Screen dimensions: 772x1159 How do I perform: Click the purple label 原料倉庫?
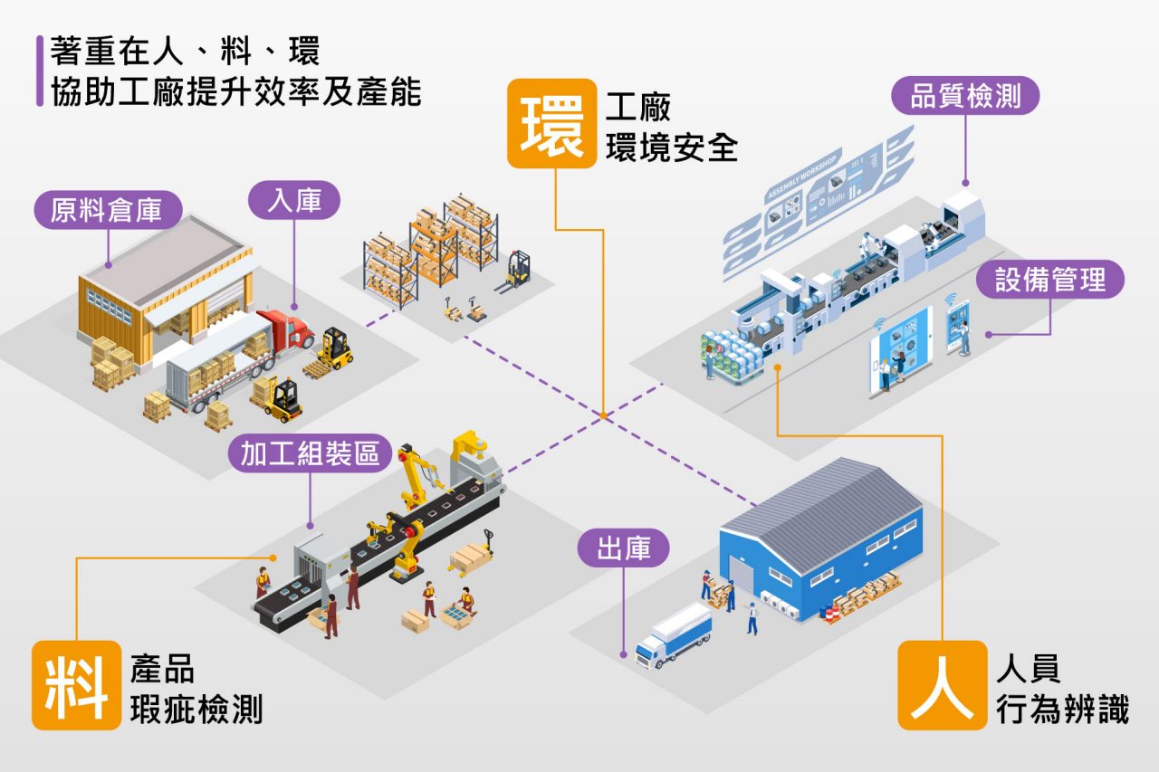pos(108,211)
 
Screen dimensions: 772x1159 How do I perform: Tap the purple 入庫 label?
pos(294,201)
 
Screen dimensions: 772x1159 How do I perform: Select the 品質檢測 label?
pos(964,96)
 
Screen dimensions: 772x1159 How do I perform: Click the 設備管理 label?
pos(1050,280)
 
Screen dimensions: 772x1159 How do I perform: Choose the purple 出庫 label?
pos(624,548)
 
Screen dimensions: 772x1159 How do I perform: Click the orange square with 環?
pos(551,123)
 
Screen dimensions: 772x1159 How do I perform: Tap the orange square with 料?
pos(76,684)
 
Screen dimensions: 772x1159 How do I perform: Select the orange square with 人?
pos(942,684)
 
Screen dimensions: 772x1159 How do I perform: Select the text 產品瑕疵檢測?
pos(196,690)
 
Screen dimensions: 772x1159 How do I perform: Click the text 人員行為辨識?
pos(1062,690)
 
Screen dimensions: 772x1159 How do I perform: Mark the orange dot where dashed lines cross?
pos(602,416)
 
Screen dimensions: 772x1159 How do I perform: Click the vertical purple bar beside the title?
pos(40,71)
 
